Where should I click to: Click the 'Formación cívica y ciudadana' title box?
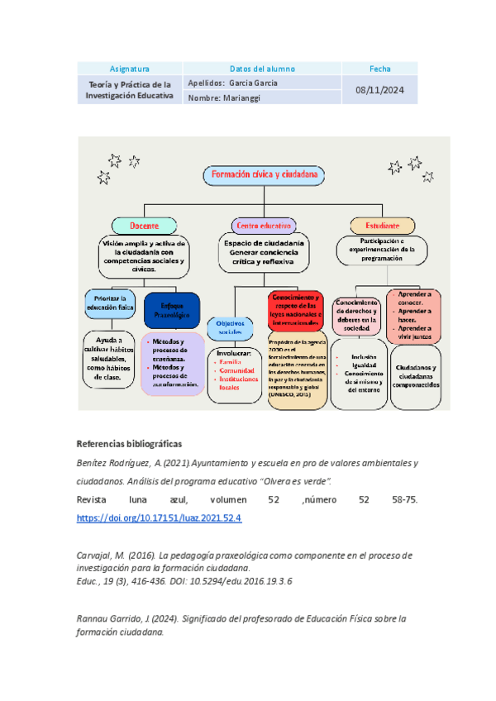(x=264, y=175)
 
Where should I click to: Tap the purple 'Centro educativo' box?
(x=264, y=225)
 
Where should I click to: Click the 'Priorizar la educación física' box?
(x=111, y=303)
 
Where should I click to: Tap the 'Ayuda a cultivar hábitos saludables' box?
(x=111, y=360)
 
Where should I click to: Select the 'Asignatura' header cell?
(x=129, y=69)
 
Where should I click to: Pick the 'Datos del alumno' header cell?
(x=261, y=69)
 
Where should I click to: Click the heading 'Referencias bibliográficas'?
(x=128, y=443)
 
